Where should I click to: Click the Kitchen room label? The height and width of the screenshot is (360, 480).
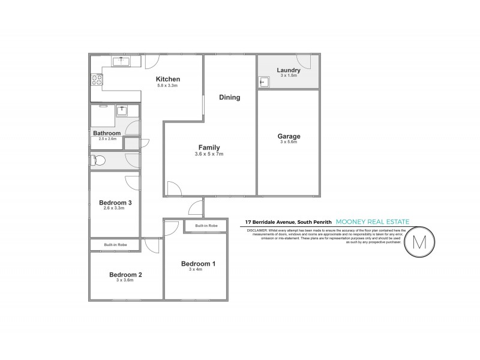pos(168,79)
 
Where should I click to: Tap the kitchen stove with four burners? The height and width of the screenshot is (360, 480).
pos(96,79)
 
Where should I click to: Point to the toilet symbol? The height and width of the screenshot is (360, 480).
pos(98,160)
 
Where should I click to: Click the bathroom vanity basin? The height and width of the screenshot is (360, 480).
pos(122,109)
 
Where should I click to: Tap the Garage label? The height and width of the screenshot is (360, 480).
pos(289,136)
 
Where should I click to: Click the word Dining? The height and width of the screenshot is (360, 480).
pos(229,97)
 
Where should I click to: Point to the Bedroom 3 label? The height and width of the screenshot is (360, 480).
pos(115,203)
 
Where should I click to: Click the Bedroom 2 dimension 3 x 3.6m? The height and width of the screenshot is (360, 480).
pos(125,281)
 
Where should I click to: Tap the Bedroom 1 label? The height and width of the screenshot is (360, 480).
pos(196,263)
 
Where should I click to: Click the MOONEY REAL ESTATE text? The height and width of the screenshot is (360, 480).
pos(373,222)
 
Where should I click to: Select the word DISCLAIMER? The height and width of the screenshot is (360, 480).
pos(256,229)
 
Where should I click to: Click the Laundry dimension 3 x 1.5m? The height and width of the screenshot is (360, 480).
pos(289,76)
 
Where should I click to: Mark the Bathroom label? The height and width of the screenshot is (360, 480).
pos(107,133)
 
